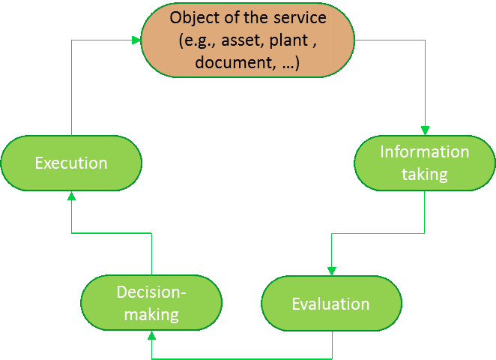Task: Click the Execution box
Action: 71,163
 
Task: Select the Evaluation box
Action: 330,304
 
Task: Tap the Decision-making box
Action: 151,304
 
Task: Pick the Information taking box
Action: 424,163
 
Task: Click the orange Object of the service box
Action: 248,39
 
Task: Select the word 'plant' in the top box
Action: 288,40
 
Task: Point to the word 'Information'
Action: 424,152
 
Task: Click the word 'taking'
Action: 424,175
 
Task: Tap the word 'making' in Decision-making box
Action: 151,314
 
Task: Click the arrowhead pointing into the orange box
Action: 136,40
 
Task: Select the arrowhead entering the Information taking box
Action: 424,130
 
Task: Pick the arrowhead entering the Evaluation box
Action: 331,271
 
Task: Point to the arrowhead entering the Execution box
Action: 71,195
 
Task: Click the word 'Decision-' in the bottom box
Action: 151,292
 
